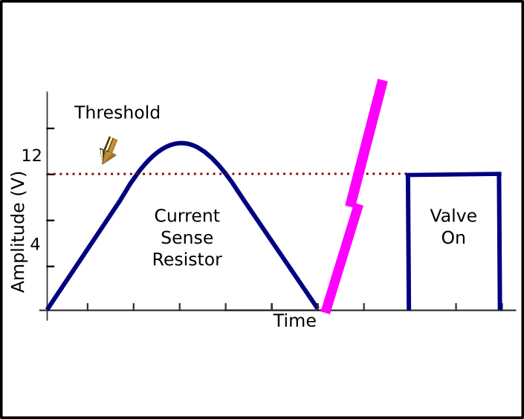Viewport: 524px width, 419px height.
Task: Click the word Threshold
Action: coord(117,112)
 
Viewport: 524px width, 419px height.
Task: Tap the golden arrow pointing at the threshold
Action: coord(109,150)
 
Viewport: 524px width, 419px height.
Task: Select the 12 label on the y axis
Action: coord(31,156)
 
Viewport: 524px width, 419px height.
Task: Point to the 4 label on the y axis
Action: coord(35,244)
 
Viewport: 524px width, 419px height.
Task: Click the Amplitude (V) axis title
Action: coord(18,233)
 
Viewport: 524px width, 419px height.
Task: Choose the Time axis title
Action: coord(295,321)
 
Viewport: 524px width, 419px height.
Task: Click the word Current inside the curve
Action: coord(187,216)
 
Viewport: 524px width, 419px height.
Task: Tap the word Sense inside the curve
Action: coord(187,238)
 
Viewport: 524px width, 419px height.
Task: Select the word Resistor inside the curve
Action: coord(187,259)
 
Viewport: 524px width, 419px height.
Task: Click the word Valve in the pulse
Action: coord(453,216)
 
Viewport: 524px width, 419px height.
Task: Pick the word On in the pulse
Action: coord(453,238)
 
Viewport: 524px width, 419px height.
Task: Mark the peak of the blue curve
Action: coord(181,143)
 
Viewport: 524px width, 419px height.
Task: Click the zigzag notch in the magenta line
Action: coord(355,205)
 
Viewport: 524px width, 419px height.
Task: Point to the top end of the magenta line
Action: coord(383,80)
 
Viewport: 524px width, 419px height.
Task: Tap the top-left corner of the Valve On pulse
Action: coord(408,175)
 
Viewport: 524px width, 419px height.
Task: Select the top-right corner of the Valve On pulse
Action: coord(499,174)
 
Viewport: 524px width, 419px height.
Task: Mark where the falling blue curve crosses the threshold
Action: coord(226,174)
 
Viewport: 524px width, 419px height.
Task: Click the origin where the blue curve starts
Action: coord(48,309)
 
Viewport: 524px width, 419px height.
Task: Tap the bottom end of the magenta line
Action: coord(326,312)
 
